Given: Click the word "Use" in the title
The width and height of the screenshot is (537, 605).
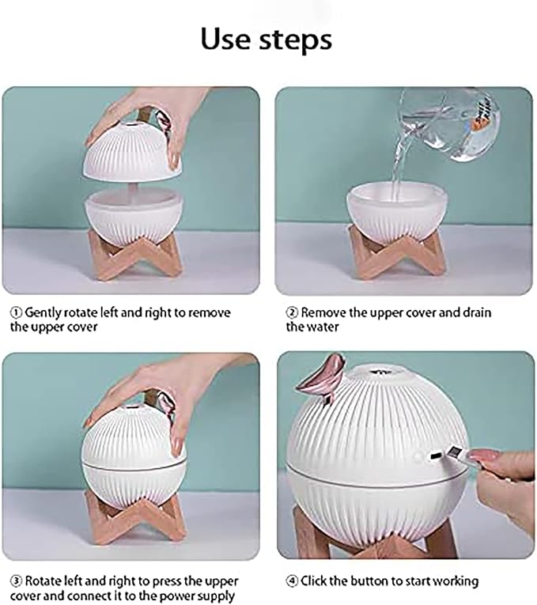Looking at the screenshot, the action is pyautogui.click(x=225, y=39).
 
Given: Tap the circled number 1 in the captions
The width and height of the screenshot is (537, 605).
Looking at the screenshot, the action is pyautogui.click(x=17, y=312).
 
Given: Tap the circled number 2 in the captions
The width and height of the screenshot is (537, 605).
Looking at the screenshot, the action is pyautogui.click(x=292, y=312).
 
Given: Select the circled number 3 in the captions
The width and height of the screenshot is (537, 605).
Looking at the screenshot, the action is pyautogui.click(x=17, y=581).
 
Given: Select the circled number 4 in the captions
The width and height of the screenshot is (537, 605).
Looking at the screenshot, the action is pyautogui.click(x=293, y=581).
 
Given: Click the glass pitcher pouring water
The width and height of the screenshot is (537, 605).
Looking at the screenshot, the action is pyautogui.click(x=449, y=126).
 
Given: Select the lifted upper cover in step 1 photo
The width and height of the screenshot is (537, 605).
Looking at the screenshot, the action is pyautogui.click(x=131, y=149).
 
